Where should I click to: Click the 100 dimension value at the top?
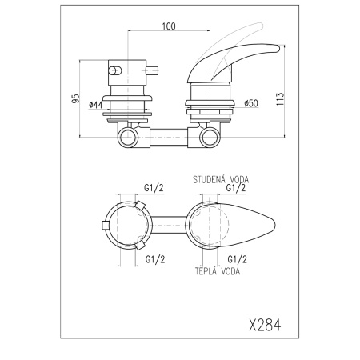[169, 26]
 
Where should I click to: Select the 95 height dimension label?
[75, 98]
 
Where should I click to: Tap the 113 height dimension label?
[280, 99]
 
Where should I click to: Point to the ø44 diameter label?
[96, 105]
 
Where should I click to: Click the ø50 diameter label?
[251, 103]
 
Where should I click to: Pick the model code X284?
[265, 325]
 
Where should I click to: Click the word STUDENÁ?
[208, 179]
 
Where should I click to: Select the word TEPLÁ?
[206, 271]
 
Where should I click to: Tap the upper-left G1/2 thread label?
[154, 188]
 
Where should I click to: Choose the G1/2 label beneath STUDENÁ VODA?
[236, 188]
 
